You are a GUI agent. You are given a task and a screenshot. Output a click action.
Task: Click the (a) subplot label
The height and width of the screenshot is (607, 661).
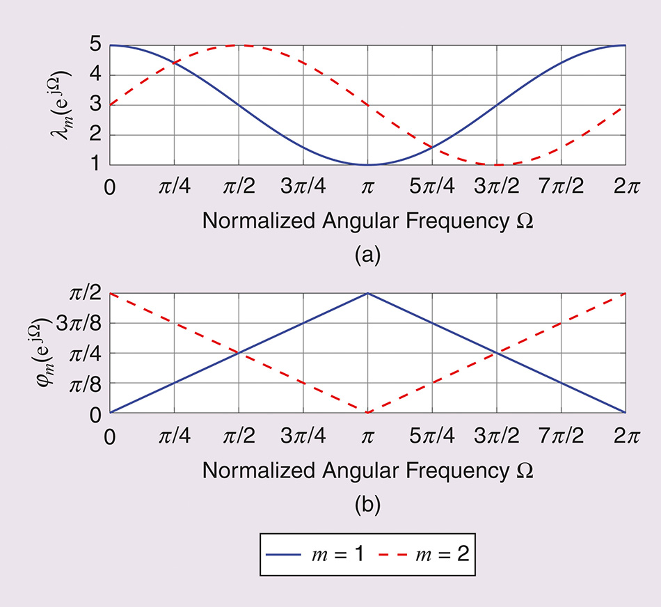click(x=367, y=256)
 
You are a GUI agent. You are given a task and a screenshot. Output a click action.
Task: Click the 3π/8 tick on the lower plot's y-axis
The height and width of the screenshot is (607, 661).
click(x=83, y=323)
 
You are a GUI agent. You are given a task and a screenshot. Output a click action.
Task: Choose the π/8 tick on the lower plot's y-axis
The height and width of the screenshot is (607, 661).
click(x=84, y=384)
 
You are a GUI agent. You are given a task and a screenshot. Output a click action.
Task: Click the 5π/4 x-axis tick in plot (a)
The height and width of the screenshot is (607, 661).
click(x=432, y=188)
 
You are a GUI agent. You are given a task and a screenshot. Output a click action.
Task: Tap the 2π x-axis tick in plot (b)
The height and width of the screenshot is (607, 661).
click(x=626, y=436)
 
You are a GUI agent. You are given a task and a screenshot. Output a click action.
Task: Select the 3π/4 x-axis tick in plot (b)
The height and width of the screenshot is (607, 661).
click(x=303, y=436)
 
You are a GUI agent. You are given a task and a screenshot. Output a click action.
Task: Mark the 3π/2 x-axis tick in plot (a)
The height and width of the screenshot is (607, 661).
click(x=496, y=188)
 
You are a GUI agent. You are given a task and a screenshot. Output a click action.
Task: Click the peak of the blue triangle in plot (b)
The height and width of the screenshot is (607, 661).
click(x=367, y=293)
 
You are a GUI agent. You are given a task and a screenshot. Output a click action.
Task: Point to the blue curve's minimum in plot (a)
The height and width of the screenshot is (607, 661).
click(x=367, y=165)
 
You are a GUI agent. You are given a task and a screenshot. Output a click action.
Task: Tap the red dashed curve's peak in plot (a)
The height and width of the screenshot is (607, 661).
click(x=239, y=45)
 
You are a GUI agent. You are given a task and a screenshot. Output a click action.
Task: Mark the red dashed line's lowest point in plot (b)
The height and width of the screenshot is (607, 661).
click(x=367, y=413)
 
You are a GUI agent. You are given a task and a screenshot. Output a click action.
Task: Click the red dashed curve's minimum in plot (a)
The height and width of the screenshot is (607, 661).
click(x=496, y=165)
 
